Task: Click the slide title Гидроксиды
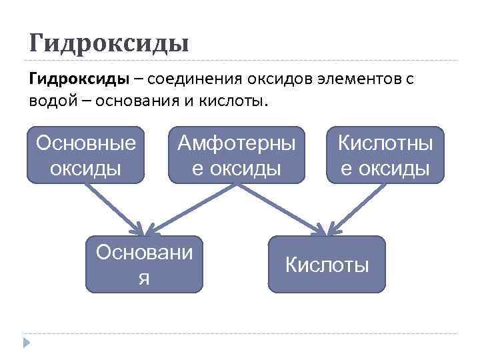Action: pyautogui.click(x=109, y=43)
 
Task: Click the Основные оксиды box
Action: pyautogui.click(x=86, y=155)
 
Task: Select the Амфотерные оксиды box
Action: pyautogui.click(x=236, y=155)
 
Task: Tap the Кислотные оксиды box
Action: pyautogui.click(x=385, y=155)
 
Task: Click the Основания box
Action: pyautogui.click(x=144, y=264)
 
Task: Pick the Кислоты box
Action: pyautogui.click(x=327, y=264)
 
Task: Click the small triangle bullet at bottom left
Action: pyautogui.click(x=27, y=343)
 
